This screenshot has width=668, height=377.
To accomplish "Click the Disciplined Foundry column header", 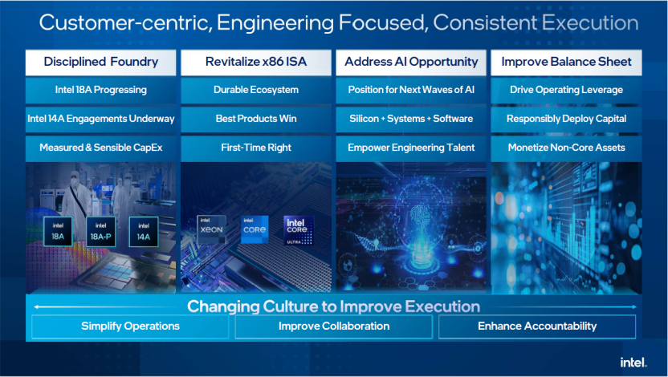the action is [x=100, y=62].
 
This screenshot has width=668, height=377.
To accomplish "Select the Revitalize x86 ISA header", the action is [x=256, y=62].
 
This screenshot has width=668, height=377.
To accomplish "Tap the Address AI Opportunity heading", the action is [x=411, y=62].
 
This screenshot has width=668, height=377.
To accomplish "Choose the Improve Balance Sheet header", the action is [x=566, y=62].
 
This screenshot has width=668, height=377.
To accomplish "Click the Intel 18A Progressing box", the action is [x=100, y=90].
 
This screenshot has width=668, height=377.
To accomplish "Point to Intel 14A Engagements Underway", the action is [x=100, y=119].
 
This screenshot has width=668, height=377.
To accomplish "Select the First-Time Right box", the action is [x=256, y=148].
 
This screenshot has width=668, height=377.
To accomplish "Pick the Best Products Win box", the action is [x=256, y=119].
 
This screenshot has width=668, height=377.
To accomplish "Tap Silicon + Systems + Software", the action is [x=411, y=119].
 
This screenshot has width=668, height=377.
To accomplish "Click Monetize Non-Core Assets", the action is [x=566, y=148].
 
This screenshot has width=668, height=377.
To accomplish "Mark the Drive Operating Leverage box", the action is [x=566, y=90].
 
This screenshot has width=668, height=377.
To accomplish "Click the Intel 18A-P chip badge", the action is [x=101, y=232].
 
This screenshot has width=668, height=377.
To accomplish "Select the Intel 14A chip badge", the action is [x=144, y=232].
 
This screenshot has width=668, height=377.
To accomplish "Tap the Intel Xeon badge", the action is [x=211, y=229].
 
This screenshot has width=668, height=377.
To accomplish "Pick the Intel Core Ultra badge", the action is [x=299, y=230].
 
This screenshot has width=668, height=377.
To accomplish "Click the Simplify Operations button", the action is [x=130, y=326].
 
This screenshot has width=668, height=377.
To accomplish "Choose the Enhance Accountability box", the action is [x=537, y=326].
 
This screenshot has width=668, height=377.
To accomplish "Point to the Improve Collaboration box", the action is [x=334, y=326].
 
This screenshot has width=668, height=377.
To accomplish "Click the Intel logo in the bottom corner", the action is [x=633, y=363].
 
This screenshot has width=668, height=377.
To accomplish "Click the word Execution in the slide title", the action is [x=590, y=23].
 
